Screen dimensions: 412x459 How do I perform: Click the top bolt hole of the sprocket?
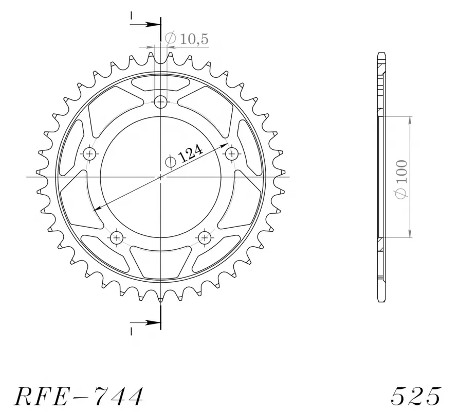click(x=161, y=101)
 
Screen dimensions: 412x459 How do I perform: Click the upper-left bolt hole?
click(x=90, y=153)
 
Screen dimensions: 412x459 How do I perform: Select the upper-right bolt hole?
click(x=232, y=153)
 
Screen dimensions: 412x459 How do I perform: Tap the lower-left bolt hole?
click(x=117, y=237)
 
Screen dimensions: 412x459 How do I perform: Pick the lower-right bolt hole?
click(x=205, y=237)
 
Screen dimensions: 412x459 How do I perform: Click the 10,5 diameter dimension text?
click(x=194, y=39)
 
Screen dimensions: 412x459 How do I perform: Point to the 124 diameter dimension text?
click(x=190, y=154)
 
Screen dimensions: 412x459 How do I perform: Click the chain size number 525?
click(x=415, y=396)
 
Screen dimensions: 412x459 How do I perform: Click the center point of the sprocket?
click(x=161, y=177)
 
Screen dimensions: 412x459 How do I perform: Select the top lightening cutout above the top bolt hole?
click(x=161, y=81)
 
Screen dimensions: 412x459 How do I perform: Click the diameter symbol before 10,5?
click(x=171, y=38)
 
